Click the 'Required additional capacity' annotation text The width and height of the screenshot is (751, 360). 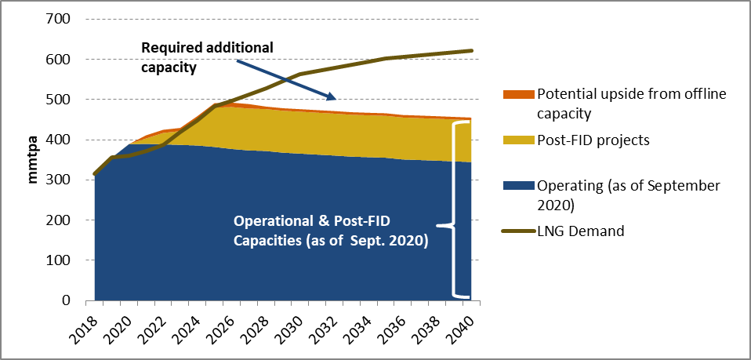click(207, 56)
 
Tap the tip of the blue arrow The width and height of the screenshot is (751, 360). click(336, 99)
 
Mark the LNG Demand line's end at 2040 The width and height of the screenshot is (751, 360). click(473, 51)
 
